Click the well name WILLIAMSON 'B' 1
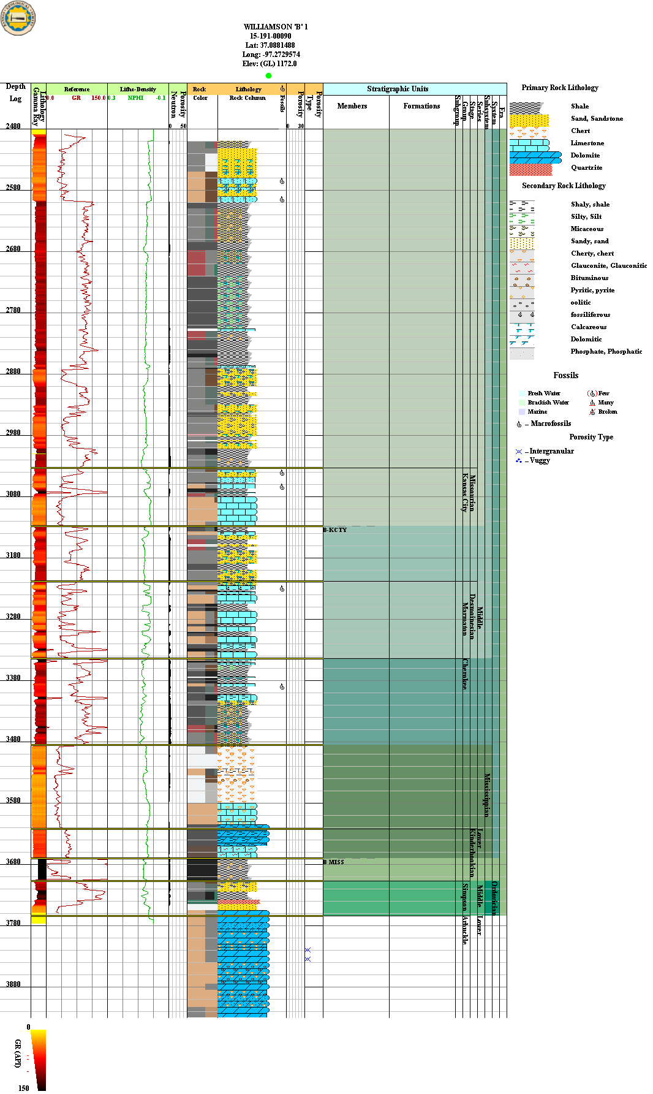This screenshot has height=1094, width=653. point(275,27)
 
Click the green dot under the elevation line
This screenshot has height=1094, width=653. point(268,75)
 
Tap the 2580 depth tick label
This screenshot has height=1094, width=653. point(13,188)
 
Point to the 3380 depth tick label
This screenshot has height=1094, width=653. point(13,678)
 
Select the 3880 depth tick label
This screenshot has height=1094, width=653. point(13,984)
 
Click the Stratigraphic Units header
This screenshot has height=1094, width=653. point(398,89)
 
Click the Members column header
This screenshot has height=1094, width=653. point(352,106)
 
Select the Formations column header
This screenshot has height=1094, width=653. point(421,106)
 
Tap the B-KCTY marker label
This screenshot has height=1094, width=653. point(335,530)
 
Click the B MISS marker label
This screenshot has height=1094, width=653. point(334,862)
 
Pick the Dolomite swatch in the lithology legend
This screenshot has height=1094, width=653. point(535,158)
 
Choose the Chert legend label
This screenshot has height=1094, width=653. point(580,131)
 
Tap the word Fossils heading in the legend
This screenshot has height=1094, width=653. point(565,376)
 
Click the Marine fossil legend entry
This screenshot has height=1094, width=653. point(537,412)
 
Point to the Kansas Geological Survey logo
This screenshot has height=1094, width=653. point(18,18)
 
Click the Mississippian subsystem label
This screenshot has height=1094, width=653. point(487,795)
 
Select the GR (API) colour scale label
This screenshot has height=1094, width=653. point(18,1053)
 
